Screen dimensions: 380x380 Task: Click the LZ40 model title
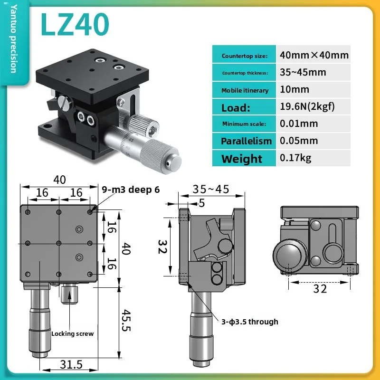tap(75, 25)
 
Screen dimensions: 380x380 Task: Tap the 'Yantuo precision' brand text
tap(14, 38)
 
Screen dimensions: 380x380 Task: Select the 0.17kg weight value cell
tap(313, 158)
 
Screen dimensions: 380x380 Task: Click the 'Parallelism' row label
tap(246, 141)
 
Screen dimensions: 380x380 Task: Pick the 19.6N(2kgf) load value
tap(307, 106)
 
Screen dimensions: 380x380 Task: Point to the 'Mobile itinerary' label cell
tap(244, 90)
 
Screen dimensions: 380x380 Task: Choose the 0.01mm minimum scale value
tap(299, 123)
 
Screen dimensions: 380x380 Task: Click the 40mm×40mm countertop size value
tap(314, 55)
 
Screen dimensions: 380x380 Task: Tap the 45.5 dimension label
tap(126, 320)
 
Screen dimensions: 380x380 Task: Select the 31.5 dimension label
tap(71, 364)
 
